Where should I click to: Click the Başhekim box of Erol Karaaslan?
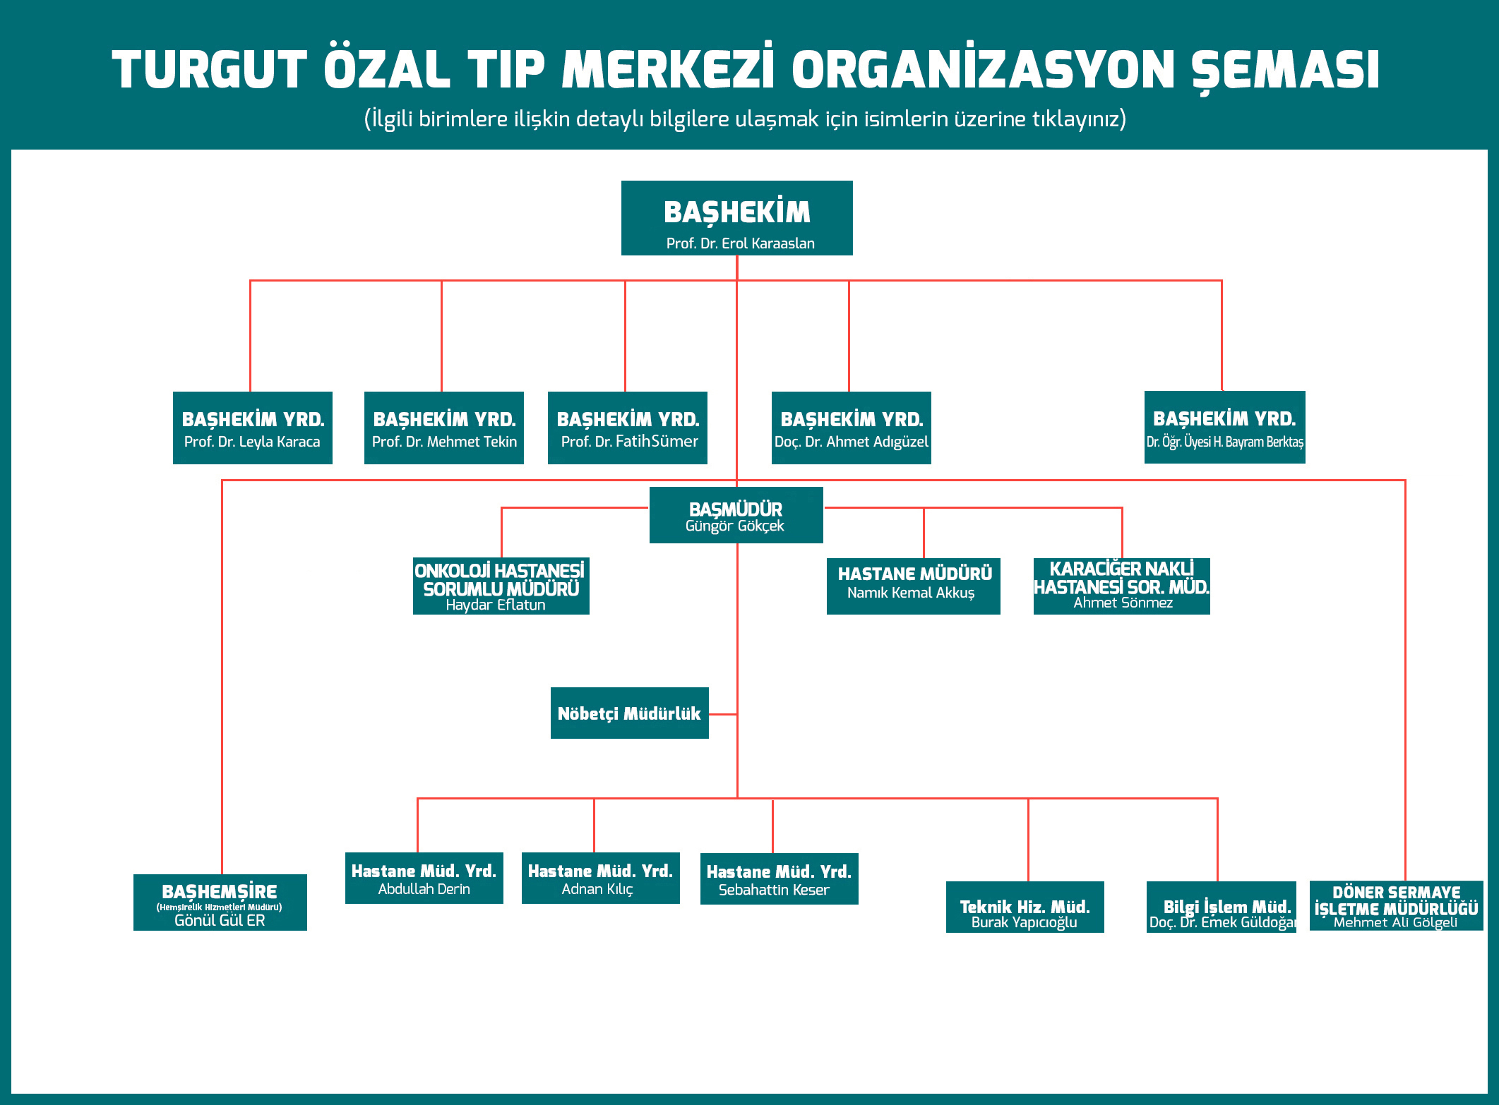pos(736,218)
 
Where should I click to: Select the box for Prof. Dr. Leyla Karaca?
pos(253,428)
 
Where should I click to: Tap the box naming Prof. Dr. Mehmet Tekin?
pos(444,428)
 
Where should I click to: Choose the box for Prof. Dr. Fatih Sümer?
pos(628,428)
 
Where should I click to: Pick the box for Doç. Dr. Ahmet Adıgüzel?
pos(852,428)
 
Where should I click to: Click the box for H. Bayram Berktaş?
pos(1224,427)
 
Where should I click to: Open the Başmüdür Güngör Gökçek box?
pos(736,515)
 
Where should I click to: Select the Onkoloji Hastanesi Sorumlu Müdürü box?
pos(501,586)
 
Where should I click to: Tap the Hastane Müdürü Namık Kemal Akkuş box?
pos(913,586)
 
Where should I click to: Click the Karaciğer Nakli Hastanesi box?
pos(1121,586)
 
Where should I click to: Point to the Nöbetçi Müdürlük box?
pos(629,713)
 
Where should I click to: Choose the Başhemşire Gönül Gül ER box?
pos(220,902)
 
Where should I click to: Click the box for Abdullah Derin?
pos(424,878)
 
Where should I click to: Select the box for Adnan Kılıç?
pos(600,878)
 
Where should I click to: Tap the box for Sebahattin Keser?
pos(779,878)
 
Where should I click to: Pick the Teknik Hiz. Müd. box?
pos(1025,907)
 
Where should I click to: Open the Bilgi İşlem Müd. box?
pos(1222,907)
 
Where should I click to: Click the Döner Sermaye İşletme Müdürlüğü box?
pos(1396,905)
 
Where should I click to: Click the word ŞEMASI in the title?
pos(1285,70)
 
